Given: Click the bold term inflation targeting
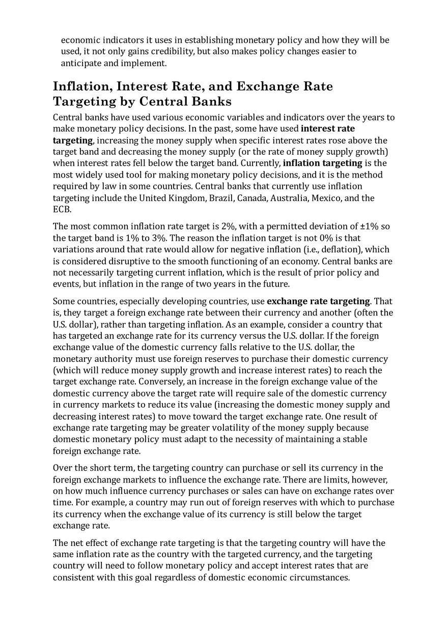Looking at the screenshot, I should click(322, 163).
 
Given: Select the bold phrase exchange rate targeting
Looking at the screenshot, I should click(318, 301).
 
